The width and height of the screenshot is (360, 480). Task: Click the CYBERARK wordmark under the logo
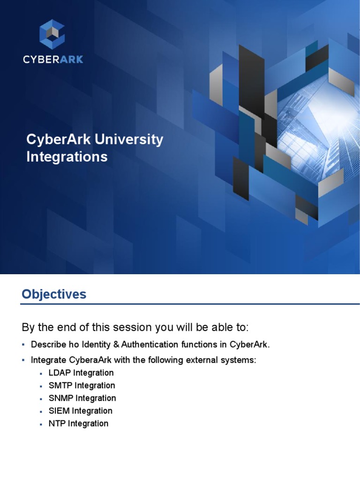[53, 60]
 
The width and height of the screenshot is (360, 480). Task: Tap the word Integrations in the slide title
[67, 157]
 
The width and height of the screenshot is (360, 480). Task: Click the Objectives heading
[54, 294]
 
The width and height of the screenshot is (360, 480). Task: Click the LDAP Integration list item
[81, 373]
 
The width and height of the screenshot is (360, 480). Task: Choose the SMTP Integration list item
[82, 386]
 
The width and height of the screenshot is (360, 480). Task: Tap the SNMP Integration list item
[82, 398]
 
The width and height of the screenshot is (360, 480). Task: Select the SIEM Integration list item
[80, 411]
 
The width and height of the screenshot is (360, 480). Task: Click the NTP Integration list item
[78, 424]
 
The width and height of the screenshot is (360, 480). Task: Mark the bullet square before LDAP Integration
[41, 374]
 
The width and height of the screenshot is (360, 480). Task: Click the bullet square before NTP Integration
[41, 424]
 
